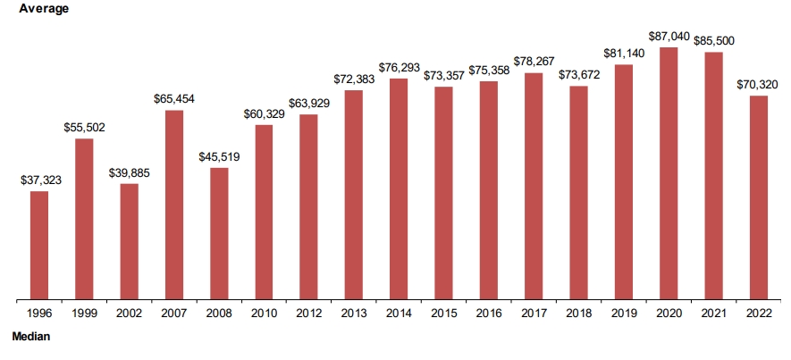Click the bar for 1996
[39, 245]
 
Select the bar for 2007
[174, 205]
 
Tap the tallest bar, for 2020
[669, 173]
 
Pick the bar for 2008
[219, 233]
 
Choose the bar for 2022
[759, 197]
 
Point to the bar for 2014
[399, 188]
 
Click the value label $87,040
[669, 37]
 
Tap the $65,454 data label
[175, 99]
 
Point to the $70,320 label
[758, 85]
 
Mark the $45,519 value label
[220, 157]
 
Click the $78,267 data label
[534, 63]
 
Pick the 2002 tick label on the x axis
[129, 314]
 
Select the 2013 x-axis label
[354, 314]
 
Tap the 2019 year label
[624, 314]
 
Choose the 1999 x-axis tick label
[84, 314]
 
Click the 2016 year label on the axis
[489, 314]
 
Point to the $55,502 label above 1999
[85, 128]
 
